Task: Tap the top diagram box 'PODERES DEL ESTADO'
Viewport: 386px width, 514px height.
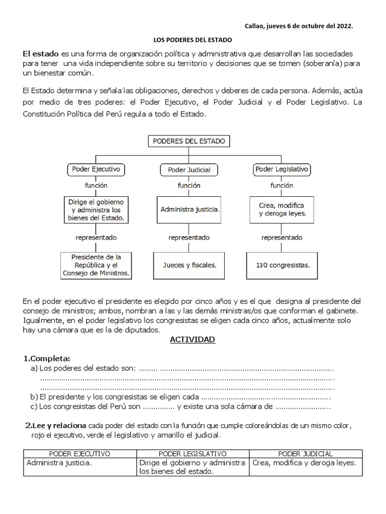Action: coord(189,141)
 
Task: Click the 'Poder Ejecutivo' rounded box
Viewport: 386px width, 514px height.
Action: coord(95,170)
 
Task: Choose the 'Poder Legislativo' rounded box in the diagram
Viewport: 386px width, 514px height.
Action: coord(281,170)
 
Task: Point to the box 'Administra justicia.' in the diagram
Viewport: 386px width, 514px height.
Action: coord(189,208)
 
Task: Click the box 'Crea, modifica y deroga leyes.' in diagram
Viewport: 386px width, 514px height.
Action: coord(281,209)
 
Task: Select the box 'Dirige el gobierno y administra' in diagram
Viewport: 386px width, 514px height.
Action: coord(95,209)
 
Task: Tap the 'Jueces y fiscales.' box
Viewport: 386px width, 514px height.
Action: coord(189,265)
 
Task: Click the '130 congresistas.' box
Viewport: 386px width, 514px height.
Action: coord(281,265)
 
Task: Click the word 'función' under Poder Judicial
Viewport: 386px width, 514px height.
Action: coord(189,185)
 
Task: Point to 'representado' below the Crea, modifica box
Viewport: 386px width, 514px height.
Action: coord(281,237)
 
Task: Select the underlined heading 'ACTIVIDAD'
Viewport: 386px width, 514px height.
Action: coord(192,340)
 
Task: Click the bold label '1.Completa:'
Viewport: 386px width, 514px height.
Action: coord(47,358)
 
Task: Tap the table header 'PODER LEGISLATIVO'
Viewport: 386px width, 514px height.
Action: coord(192,454)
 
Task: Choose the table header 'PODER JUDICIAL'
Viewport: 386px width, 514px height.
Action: coord(305,454)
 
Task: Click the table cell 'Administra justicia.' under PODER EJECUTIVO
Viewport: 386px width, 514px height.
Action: coord(59,463)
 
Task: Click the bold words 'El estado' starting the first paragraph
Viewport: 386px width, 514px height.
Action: coord(40,53)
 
